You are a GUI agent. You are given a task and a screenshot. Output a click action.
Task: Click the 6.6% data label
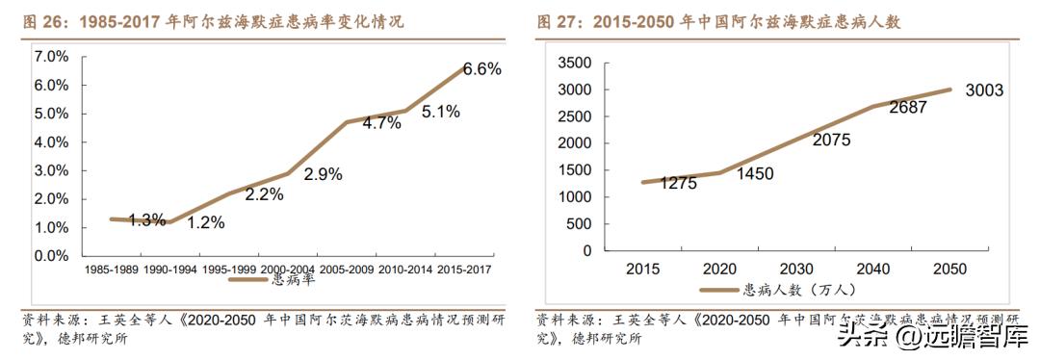click(x=482, y=69)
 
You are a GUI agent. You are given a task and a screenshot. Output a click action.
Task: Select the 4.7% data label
click(x=381, y=123)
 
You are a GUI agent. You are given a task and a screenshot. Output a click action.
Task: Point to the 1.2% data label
click(x=205, y=222)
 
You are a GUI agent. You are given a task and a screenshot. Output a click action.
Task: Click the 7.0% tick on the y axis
click(x=51, y=57)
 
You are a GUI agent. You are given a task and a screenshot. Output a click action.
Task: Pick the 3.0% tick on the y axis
click(x=51, y=171)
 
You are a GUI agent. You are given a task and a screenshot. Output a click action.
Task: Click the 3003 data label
click(x=985, y=90)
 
